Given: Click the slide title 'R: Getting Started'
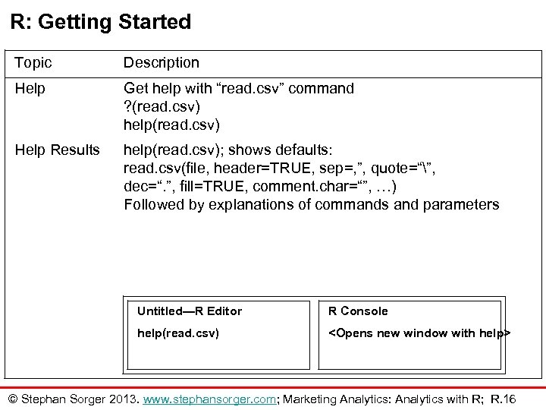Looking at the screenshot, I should pos(101,22).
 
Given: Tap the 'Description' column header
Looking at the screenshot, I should pos(162,62).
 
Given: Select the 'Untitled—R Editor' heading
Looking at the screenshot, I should pos(190,311).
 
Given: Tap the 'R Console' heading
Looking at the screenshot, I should pos(357,311).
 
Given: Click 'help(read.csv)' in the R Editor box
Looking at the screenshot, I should pos(178,333).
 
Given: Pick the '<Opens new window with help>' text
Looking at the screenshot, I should pos(419,333).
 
